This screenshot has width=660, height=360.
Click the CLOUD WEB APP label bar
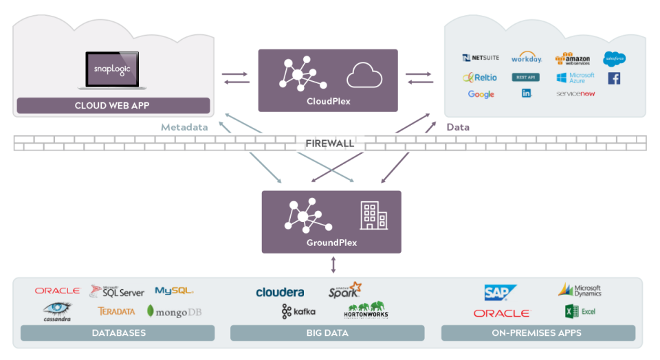(113, 106)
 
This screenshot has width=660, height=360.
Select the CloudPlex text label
(328, 101)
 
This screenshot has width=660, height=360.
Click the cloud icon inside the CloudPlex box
(364, 75)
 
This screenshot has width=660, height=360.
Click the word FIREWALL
(329, 144)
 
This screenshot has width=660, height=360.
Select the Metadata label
(184, 127)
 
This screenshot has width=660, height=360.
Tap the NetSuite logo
(481, 58)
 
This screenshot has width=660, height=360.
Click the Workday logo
(527, 59)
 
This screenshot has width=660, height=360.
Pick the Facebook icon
(614, 78)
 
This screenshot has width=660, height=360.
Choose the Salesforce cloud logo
(614, 58)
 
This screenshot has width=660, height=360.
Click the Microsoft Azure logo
(575, 78)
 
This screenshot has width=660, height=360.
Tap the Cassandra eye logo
(57, 311)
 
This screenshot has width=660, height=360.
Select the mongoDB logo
(174, 311)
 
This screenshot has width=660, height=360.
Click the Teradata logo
(116, 311)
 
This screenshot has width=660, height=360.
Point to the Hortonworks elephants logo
(366, 310)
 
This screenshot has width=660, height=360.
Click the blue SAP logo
(500, 293)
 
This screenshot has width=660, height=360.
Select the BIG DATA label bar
(327, 333)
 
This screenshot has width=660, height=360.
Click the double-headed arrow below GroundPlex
(333, 265)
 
